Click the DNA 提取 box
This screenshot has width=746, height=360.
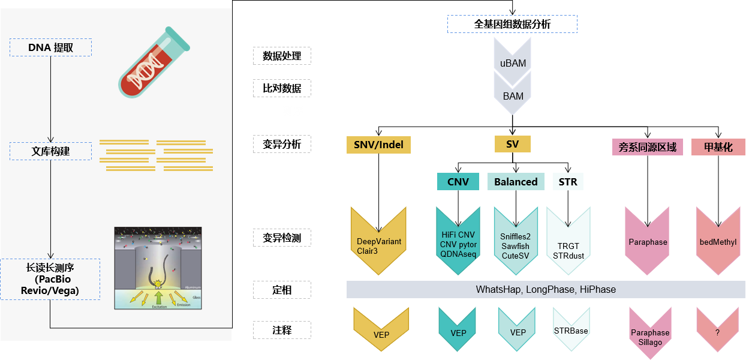point(51,47)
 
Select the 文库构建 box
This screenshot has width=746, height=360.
point(51,151)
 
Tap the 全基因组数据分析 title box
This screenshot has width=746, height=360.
point(512,24)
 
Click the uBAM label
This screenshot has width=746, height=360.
point(513,63)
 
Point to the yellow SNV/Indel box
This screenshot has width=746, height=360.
point(378,145)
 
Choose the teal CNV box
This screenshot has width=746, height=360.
point(458,181)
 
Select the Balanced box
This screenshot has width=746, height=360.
point(516,182)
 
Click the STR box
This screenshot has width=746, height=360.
point(567,181)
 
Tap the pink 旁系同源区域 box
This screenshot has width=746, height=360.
point(648,147)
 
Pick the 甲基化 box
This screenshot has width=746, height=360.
point(718,147)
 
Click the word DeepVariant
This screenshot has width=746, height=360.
point(379,241)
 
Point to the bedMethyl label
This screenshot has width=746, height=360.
point(718,242)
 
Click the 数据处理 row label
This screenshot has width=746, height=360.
point(282,56)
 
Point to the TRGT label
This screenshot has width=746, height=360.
point(568,246)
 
